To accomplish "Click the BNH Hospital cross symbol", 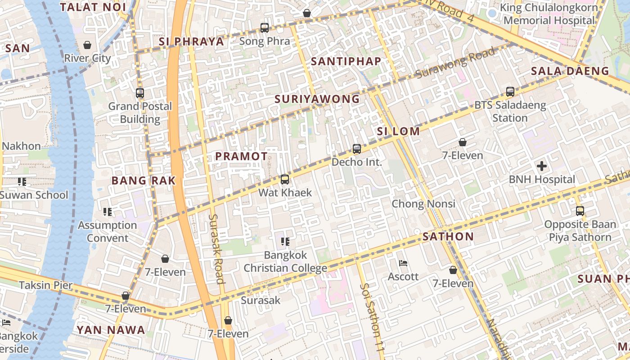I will coord(542,166).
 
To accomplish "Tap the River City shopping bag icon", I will coord(87,45).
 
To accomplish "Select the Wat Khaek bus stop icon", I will coord(284,180).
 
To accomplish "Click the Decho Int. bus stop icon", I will coord(356,148).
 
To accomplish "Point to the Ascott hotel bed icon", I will coord(403,263).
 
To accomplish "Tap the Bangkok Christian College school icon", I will coord(284,242).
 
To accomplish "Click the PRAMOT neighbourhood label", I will coord(241,156).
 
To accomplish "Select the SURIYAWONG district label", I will coord(317,99).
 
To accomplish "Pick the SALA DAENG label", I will coord(570,71).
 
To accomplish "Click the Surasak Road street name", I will coord(216,248).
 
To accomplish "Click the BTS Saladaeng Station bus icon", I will coord(510,92).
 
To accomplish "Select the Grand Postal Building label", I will coord(140,112).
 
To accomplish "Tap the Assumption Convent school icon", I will coord(107,212).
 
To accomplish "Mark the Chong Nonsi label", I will coord(423,204).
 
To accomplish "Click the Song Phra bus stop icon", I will coord(265,28).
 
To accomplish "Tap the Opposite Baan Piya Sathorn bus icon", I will coord(580,211).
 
